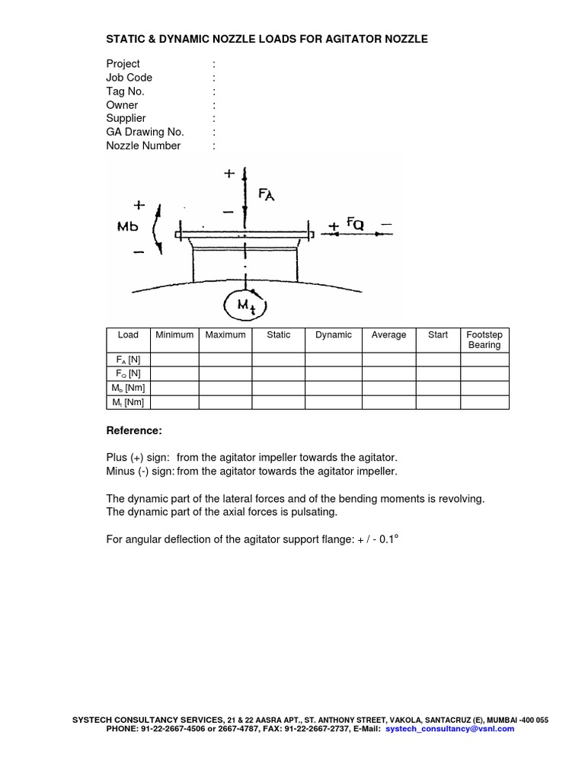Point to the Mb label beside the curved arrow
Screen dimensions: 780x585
tap(129, 226)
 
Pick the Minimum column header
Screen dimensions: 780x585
tap(174, 335)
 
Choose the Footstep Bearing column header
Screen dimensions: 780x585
tap(484, 340)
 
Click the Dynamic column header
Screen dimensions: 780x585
tap(334, 335)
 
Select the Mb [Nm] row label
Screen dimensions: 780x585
tap(128, 388)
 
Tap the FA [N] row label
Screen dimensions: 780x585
tap(128, 360)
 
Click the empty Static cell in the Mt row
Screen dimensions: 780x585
tap(279, 402)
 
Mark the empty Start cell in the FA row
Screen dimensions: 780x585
tap(438, 360)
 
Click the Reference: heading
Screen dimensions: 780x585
tap(134, 431)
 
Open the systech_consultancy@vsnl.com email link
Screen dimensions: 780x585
tap(450, 729)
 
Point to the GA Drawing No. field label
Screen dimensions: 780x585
tap(145, 132)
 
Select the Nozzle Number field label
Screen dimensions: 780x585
tap(143, 145)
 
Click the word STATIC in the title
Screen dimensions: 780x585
tap(125, 39)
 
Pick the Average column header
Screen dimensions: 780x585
tap(388, 335)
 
